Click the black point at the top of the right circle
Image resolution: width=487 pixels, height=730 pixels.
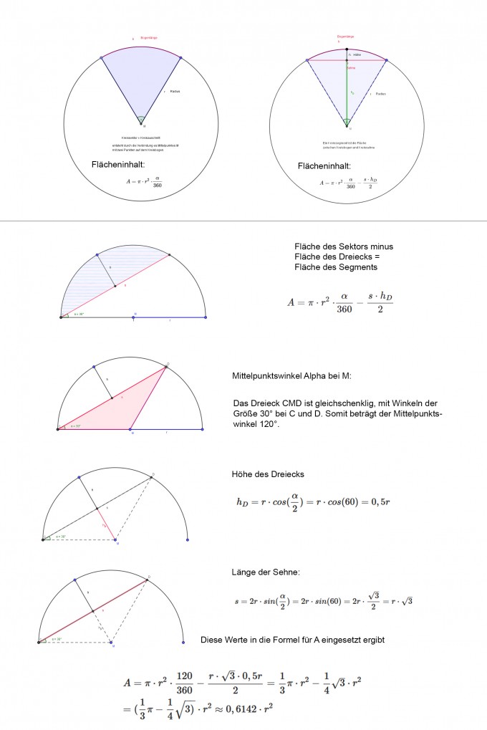[x=347, y=48]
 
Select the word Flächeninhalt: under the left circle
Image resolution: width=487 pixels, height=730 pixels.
[x=118, y=164]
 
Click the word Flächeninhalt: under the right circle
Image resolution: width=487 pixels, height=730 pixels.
[x=324, y=166]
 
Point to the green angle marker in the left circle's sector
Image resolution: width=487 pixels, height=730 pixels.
[x=142, y=119]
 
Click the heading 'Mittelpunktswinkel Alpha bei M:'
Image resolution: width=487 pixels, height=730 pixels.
[x=292, y=375]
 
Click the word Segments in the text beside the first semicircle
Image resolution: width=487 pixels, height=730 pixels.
[x=359, y=266]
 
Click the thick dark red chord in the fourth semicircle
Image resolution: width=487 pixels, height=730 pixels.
[x=93, y=610]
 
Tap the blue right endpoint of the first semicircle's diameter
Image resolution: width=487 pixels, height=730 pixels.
[x=206, y=317]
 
